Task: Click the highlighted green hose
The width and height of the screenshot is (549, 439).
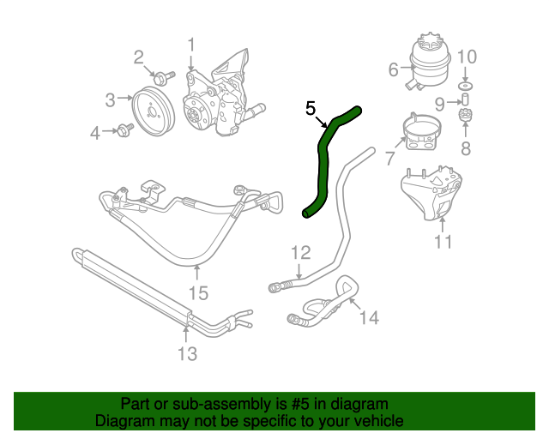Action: pos(323,163)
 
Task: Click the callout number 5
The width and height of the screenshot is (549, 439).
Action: pos(311,108)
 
